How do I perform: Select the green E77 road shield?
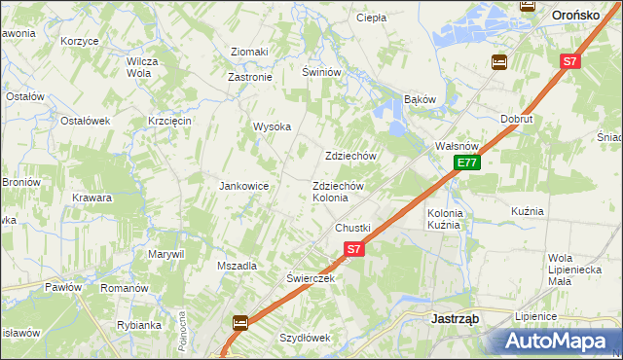467,162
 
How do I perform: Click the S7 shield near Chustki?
353,249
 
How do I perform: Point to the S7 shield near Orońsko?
569,61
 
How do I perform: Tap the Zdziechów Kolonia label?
337,192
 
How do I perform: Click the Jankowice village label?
243,186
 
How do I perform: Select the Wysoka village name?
273,126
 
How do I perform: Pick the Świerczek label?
311,277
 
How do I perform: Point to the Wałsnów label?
454,146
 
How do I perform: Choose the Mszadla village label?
237,266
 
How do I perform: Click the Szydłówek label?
306,338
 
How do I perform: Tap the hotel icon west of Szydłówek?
239,322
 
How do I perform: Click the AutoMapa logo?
556,341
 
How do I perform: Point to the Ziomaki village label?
248,52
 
